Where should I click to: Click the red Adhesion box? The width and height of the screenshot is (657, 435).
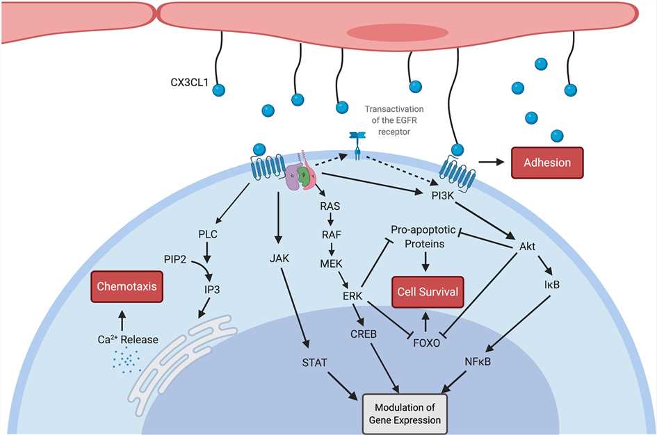(x=547, y=163)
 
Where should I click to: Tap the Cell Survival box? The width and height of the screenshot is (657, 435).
(x=427, y=292)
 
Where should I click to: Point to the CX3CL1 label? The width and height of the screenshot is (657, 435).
(x=188, y=83)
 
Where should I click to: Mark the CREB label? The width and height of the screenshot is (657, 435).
(x=363, y=334)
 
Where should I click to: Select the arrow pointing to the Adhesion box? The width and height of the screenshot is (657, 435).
(x=494, y=163)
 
